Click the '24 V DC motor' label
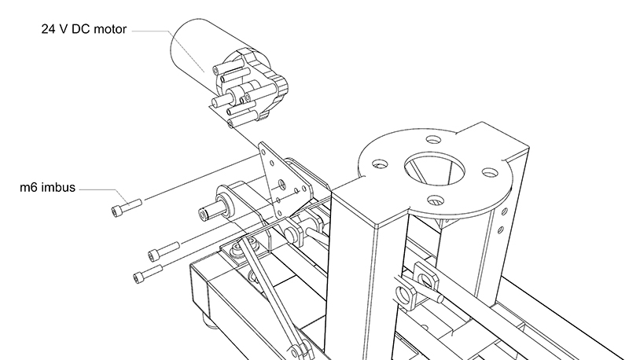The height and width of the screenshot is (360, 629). click(84, 29)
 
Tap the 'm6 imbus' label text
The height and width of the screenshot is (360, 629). click(48, 187)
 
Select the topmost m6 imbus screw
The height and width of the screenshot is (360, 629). click(127, 208)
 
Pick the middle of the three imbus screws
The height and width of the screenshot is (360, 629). click(164, 252)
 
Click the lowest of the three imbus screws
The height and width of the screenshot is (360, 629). click(148, 274)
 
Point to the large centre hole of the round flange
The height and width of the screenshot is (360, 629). click(435, 168)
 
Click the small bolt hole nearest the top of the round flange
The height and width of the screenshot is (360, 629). click(433, 140)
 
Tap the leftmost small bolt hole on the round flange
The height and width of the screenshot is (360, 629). click(380, 164)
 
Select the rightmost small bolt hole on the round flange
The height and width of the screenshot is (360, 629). click(489, 173)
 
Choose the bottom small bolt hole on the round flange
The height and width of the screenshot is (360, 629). click(436, 200)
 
